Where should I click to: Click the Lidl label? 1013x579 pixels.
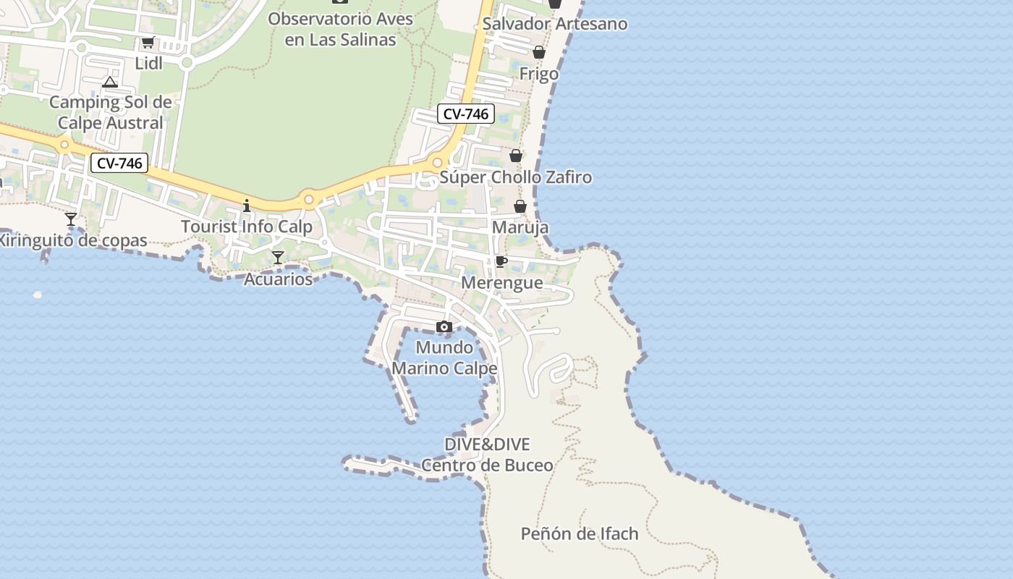tap(149, 63)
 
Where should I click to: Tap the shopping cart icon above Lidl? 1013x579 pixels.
tap(148, 42)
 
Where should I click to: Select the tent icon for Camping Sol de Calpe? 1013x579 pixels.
tap(109, 82)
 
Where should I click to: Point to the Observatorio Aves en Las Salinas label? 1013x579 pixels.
tap(340, 29)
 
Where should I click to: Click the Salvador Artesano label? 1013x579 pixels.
tap(555, 24)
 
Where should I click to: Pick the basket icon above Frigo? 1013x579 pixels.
tap(539, 52)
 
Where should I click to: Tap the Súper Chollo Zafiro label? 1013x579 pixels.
tap(516, 177)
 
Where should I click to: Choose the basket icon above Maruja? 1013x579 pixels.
tap(520, 207)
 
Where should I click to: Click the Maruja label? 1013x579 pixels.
tap(520, 228)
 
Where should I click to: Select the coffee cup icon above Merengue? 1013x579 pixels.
tap(501, 261)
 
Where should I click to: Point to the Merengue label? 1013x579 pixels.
tap(502, 282)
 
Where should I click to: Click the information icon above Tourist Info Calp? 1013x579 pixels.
tap(247, 206)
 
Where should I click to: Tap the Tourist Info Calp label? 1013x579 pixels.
tap(247, 227)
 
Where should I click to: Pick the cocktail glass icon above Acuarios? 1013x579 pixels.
tap(278, 258)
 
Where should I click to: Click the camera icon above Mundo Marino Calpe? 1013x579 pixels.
tap(444, 327)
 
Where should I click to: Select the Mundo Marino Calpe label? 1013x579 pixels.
tap(444, 358)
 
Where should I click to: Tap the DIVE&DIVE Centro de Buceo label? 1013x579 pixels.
tap(487, 455)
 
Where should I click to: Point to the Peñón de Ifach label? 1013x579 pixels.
tap(580, 534)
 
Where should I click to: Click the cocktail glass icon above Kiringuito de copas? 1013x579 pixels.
tap(71, 219)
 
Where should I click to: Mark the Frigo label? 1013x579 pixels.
tap(539, 74)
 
